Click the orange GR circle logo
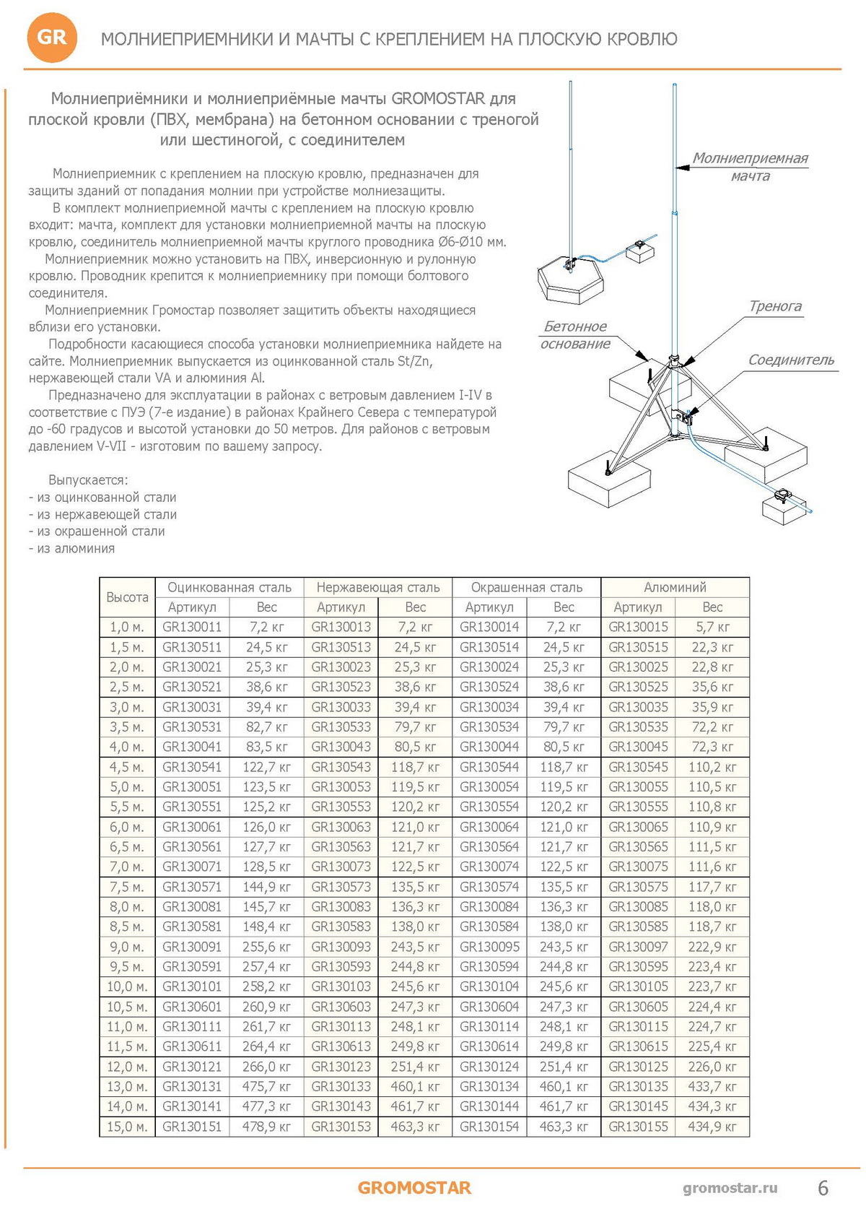[51, 38]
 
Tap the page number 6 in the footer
[823, 1188]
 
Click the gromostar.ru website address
[730, 1188]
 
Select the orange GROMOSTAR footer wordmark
[414, 1188]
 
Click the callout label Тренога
[775, 306]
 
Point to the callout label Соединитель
[791, 360]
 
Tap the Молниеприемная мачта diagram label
[750, 167]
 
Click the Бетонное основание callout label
[575, 335]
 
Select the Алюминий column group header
[675, 587]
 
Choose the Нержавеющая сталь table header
[378, 587]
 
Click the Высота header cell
[127, 597]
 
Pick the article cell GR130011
[192, 627]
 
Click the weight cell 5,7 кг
[712, 627]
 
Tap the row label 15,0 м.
[127, 1127]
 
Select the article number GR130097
[638, 947]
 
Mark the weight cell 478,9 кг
[266, 1127]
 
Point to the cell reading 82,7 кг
[266, 726]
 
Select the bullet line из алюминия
[72, 549]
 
